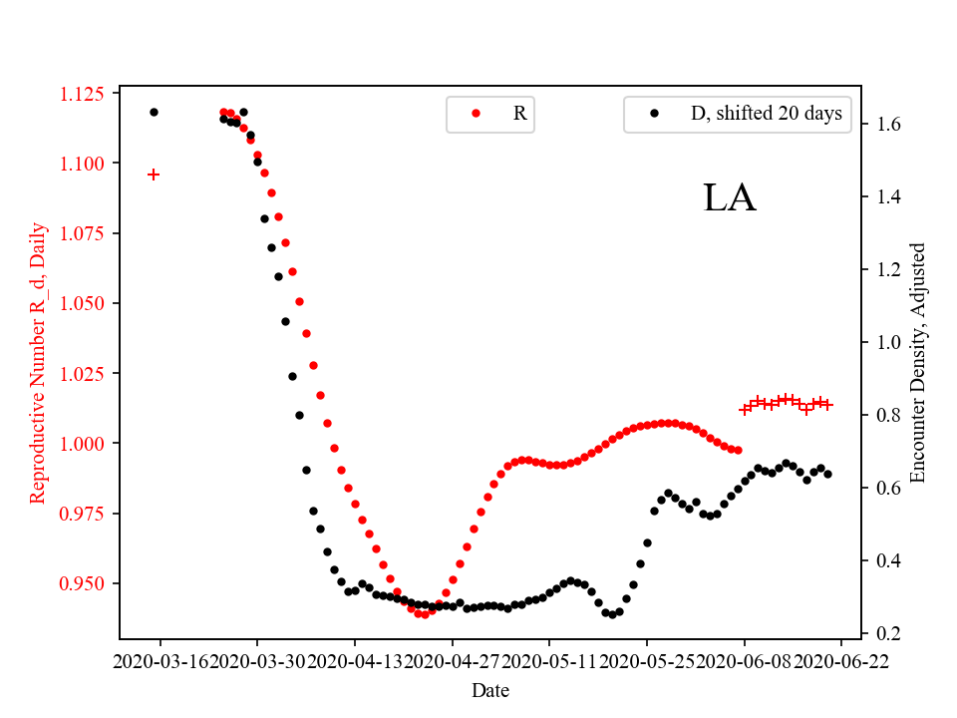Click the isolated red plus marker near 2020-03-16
154,175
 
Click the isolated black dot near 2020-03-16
154,112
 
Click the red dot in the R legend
476,114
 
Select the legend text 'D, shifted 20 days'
766,114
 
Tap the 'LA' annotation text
730,198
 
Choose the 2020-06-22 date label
841,661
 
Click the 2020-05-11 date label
549,661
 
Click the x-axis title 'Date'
490,689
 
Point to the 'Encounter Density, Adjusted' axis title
918,362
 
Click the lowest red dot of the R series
425,614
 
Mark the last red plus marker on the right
827,405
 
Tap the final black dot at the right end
827,474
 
